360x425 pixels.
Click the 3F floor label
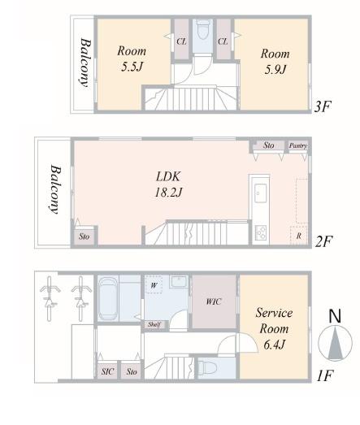click(x=323, y=106)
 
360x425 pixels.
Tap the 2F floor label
click(x=323, y=241)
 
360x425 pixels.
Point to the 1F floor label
click(x=324, y=375)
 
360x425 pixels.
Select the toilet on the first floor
click(x=208, y=368)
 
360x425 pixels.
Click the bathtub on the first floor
click(x=108, y=298)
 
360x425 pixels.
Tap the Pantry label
click(x=298, y=145)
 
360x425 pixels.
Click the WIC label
click(x=214, y=301)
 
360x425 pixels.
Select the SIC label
click(x=107, y=371)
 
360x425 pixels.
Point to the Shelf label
click(x=154, y=324)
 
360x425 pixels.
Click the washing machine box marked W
click(x=154, y=284)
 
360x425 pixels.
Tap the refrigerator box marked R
click(x=299, y=236)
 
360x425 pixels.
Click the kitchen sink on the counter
click(x=260, y=193)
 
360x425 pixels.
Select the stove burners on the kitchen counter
click(x=261, y=232)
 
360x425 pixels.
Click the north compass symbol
click(x=336, y=336)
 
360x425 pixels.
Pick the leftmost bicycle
click(x=50, y=298)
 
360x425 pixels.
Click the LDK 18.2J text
click(x=168, y=184)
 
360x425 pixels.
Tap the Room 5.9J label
click(x=275, y=62)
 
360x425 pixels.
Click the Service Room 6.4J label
click(x=274, y=328)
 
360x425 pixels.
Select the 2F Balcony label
click(x=54, y=189)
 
